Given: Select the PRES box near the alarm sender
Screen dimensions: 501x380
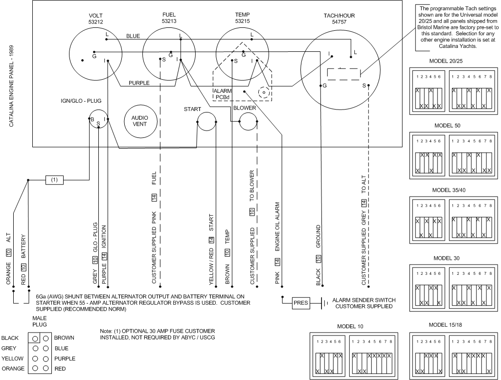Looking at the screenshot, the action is tap(301, 303).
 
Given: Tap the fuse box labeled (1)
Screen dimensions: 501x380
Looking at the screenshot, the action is tap(54, 180).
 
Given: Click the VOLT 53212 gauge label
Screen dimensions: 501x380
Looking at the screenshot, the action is tap(96, 19).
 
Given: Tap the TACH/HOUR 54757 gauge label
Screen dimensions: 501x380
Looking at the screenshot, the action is tap(339, 19).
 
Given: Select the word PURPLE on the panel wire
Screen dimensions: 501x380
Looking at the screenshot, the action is tap(139, 83).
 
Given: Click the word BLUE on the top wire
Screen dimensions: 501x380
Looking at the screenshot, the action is tap(133, 36).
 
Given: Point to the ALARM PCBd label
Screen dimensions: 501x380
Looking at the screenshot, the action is tap(223, 94).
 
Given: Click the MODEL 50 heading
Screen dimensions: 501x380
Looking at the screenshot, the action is tap(447, 126).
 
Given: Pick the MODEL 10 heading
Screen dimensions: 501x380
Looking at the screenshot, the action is tap(350, 326).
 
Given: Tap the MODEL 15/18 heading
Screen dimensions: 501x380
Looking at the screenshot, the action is tap(445, 325).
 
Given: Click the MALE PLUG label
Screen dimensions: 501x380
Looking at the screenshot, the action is tap(40, 321).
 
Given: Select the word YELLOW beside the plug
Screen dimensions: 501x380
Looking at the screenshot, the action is tap(12, 358).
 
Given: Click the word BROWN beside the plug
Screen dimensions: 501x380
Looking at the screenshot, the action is tap(64, 337).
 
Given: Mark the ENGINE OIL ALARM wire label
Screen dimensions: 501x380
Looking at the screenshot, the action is tap(277, 226).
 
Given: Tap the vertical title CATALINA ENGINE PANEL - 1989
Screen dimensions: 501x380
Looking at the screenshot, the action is tap(11, 86).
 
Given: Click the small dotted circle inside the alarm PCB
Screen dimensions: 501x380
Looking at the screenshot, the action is tap(264, 93).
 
